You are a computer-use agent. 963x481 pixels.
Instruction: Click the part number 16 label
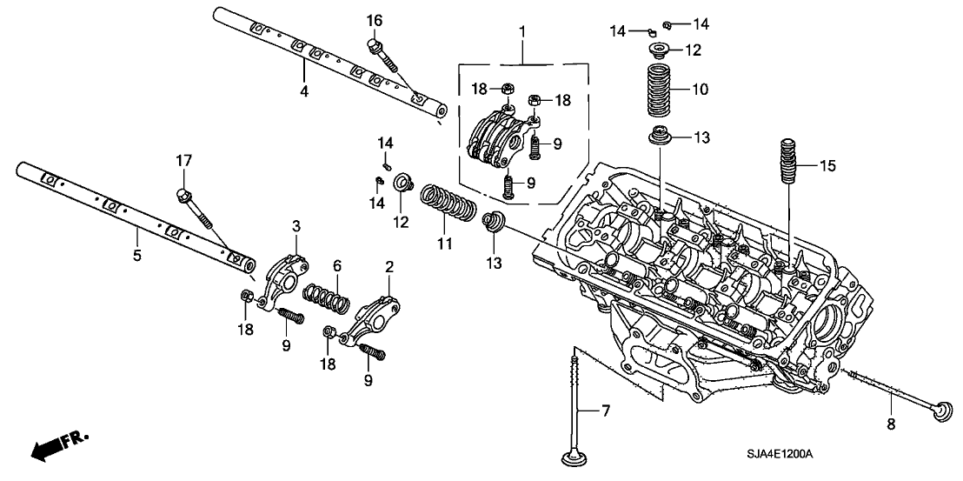pos(375,21)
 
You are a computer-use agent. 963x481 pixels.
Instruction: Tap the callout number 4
pos(304,91)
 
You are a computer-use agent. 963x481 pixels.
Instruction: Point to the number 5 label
pos(137,255)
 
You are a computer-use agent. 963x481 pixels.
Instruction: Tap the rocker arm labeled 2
pos(369,319)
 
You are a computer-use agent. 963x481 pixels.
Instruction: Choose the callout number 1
pos(522,30)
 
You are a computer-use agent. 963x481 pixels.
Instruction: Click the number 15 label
pos(828,166)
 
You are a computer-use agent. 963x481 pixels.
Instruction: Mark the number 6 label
pos(336,266)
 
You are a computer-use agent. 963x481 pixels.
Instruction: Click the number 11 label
pos(445,244)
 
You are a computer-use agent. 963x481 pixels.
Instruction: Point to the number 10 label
pos(701,90)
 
